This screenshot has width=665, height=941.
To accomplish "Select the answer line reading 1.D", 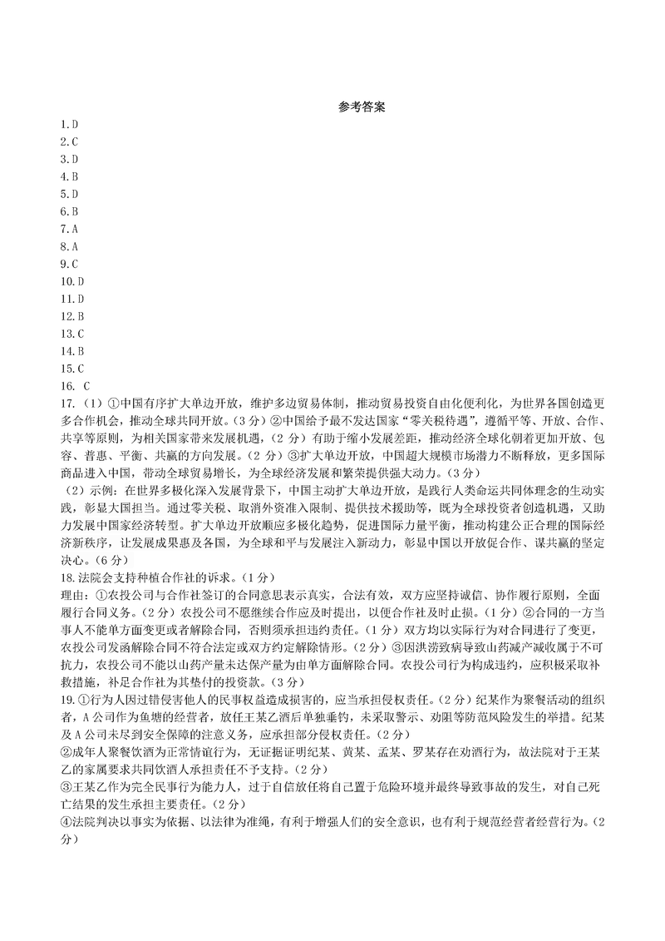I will click(68, 124).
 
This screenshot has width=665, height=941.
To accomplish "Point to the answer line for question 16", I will click(73, 386).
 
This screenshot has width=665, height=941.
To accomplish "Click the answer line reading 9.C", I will click(68, 264).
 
